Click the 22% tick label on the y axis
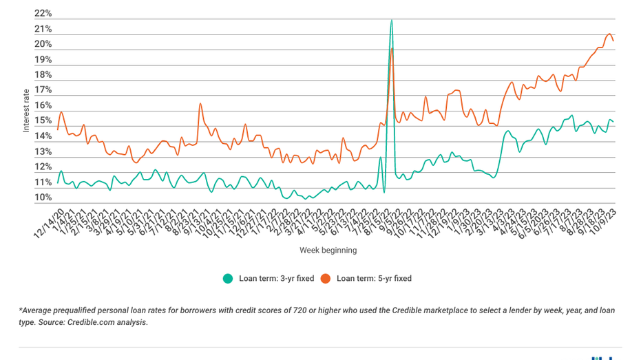[x=43, y=14]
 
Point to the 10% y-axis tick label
[x=43, y=198]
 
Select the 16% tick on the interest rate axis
[x=43, y=106]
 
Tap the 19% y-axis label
[x=43, y=60]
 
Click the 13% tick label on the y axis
[x=43, y=152]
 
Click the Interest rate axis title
[x=26, y=110]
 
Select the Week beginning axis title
[x=328, y=251]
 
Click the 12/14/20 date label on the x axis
[x=50, y=224]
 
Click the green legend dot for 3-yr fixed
[x=227, y=279]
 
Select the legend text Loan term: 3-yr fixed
[x=276, y=279]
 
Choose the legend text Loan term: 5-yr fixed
[x=374, y=279]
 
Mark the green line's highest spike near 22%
[x=392, y=20]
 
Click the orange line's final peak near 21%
[x=609, y=34]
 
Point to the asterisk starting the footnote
[x=21, y=310]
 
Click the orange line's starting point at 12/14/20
[x=57, y=129]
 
